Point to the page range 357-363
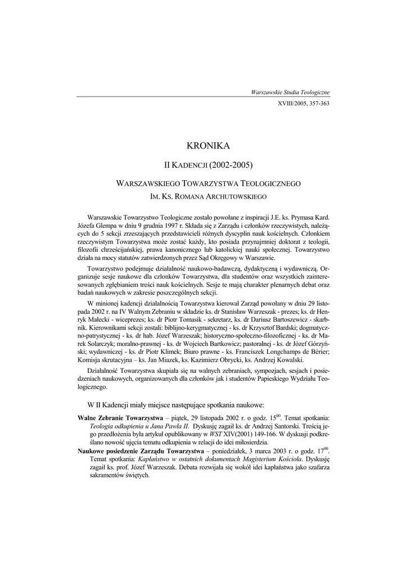[x=316, y=104]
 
